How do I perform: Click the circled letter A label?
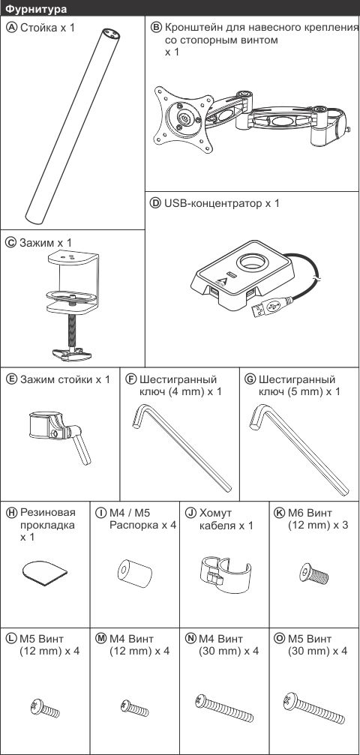point(10,28)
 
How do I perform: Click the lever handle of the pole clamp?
point(80,445)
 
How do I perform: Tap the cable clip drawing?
point(225,573)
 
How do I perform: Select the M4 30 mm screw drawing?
point(224,707)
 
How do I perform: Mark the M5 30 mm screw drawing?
point(314,707)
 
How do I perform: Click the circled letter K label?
point(278,513)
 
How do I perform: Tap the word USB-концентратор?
point(212,203)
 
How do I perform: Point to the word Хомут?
point(215,513)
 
